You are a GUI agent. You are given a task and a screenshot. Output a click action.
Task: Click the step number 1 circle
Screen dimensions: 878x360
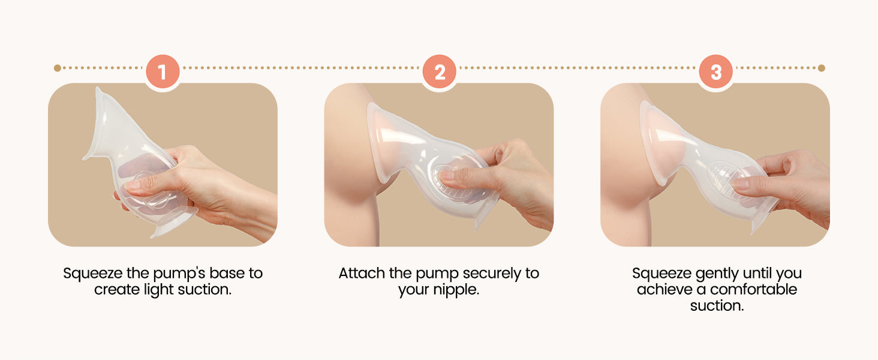[163, 72]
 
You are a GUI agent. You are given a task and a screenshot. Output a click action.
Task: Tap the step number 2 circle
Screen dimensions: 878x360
[440, 72]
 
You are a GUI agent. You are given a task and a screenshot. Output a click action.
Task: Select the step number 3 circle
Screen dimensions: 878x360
[716, 72]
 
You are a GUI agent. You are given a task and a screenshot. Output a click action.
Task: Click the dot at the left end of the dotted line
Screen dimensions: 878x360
[57, 68]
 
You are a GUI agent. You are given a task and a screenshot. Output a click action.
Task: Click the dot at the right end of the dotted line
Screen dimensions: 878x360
[822, 68]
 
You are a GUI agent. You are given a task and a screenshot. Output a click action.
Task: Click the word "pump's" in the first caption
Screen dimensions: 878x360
[179, 274]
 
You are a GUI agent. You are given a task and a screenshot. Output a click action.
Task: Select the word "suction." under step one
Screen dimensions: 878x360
[205, 290]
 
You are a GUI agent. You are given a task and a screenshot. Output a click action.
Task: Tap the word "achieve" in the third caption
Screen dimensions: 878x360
[664, 290]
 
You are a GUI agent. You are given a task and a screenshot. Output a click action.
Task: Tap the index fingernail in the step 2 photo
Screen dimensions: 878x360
[447, 175]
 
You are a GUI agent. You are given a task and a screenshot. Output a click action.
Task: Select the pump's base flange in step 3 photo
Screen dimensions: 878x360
[764, 218]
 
